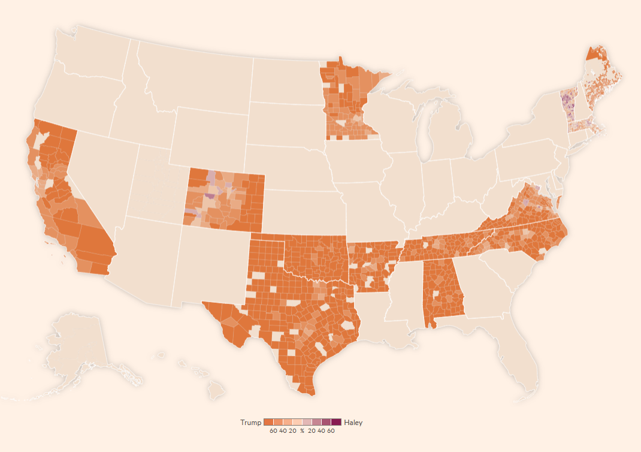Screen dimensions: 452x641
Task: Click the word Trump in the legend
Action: pyautogui.click(x=250, y=423)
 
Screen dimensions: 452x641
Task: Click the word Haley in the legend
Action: pyautogui.click(x=353, y=423)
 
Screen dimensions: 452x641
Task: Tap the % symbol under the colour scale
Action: pyautogui.click(x=303, y=431)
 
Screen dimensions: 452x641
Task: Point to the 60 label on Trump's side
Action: pyautogui.click(x=273, y=431)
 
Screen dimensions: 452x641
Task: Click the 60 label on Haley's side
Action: pyautogui.click(x=331, y=431)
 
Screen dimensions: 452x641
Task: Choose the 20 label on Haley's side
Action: pyautogui.click(x=312, y=431)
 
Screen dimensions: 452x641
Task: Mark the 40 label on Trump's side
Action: pyautogui.click(x=283, y=431)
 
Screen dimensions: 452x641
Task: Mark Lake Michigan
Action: pyautogui.click(x=426, y=129)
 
